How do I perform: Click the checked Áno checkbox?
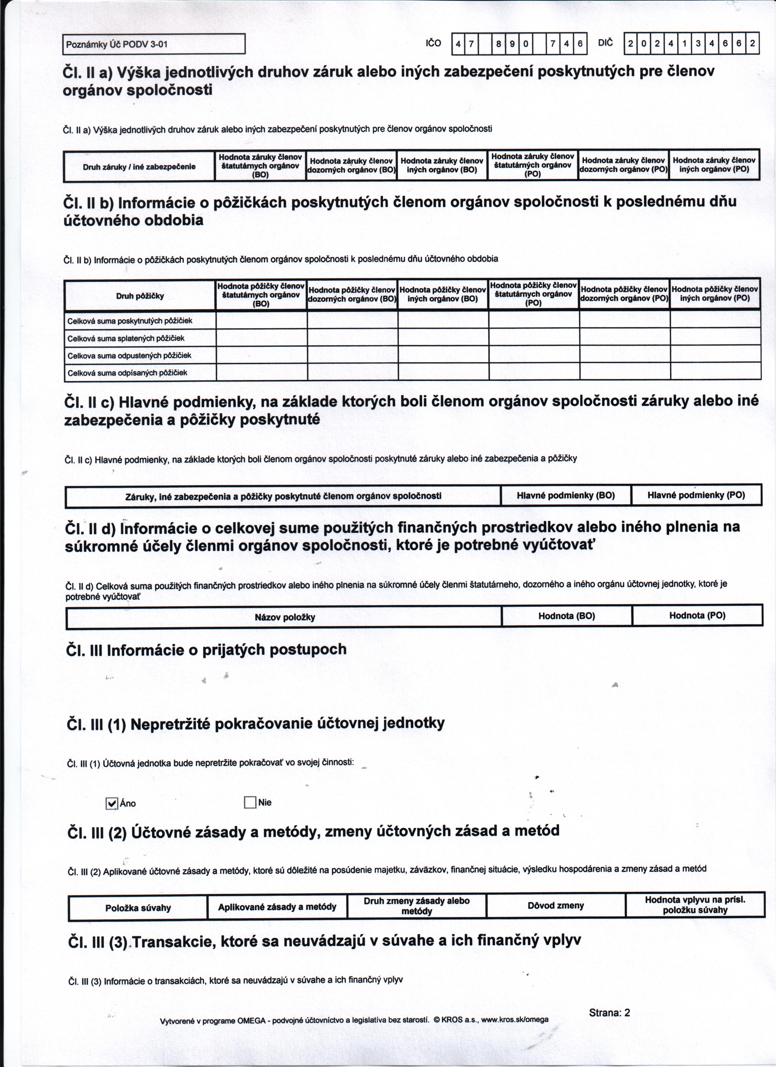click(x=111, y=804)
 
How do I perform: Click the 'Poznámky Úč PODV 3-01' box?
click(x=154, y=45)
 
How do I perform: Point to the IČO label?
click(x=433, y=43)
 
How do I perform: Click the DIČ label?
click(x=606, y=43)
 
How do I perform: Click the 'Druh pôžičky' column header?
click(x=140, y=296)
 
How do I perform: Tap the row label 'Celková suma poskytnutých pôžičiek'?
click(x=130, y=321)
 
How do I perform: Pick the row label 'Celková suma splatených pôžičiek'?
click(x=126, y=338)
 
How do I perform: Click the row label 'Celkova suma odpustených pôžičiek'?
click(x=129, y=356)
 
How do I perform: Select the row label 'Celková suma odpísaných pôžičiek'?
click(x=128, y=373)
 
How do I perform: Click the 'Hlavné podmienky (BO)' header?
click(x=566, y=495)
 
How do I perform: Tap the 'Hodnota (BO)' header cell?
click(x=567, y=616)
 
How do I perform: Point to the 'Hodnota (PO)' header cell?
click(x=697, y=615)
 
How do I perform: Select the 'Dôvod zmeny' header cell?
click(x=556, y=906)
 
